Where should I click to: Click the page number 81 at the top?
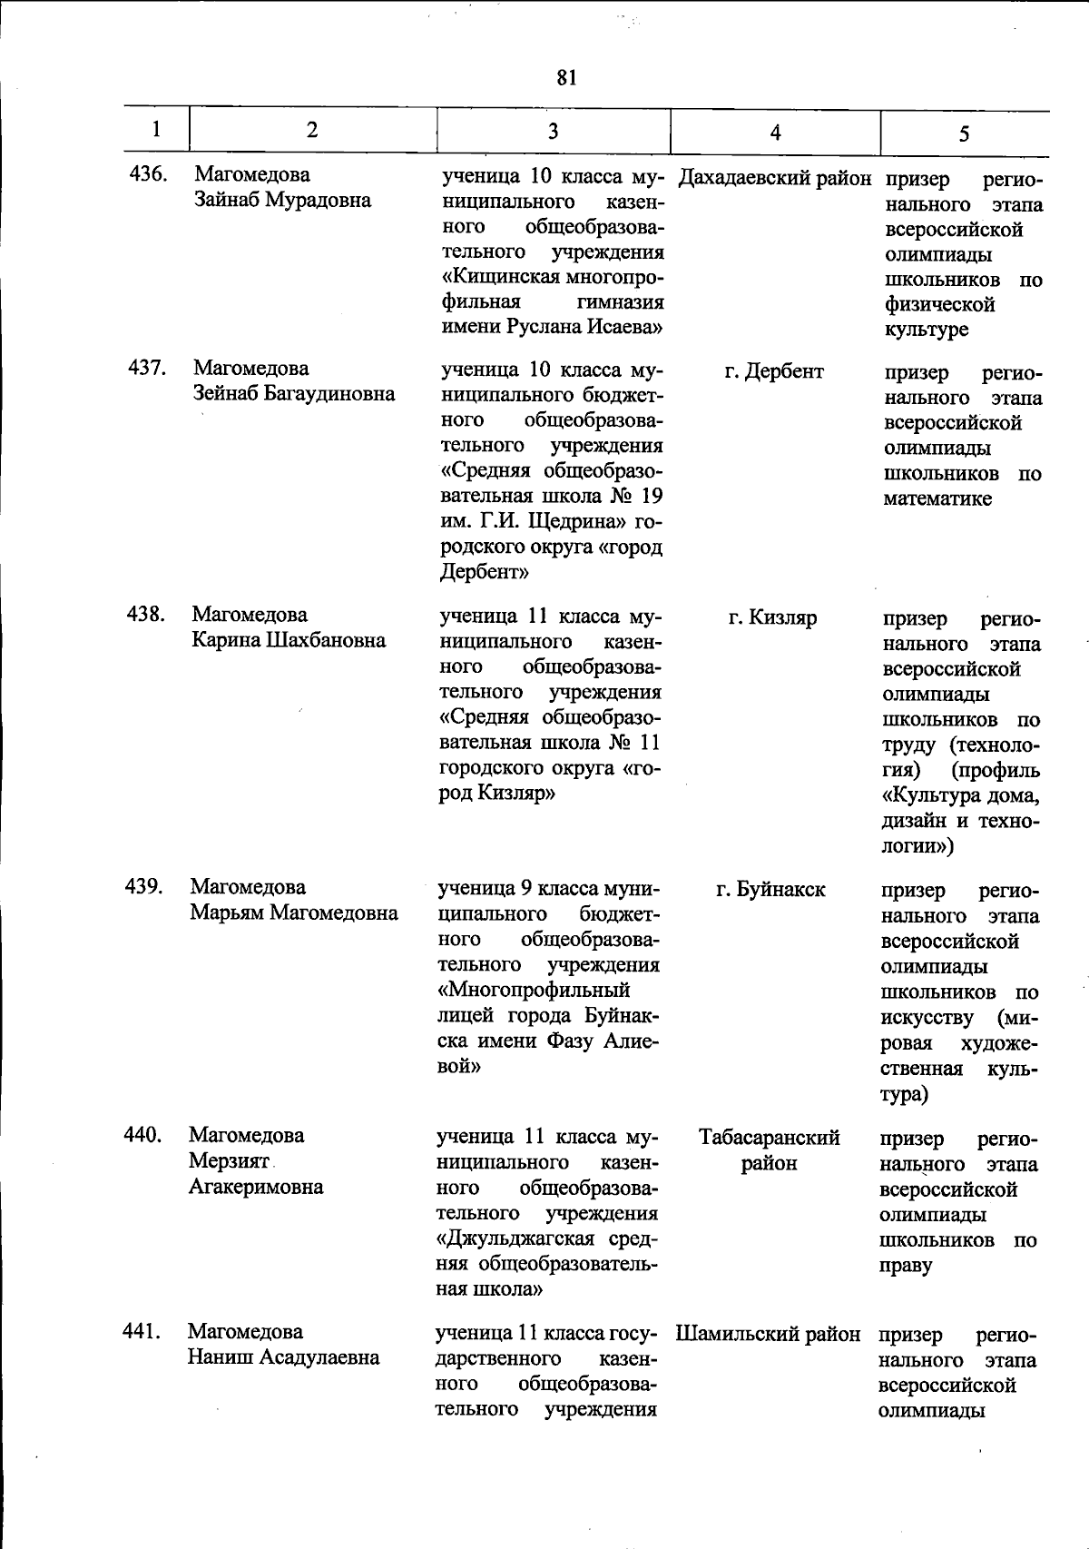[567, 78]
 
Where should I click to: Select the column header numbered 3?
[553, 131]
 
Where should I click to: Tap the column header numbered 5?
[964, 133]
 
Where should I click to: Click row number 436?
[148, 173]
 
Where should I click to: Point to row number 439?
[144, 886]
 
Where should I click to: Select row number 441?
[142, 1332]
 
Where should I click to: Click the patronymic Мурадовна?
[318, 200]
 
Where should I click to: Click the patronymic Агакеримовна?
[256, 1186]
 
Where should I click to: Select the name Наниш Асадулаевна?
[283, 1357]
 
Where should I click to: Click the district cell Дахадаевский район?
[774, 178]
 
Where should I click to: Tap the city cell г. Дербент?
[774, 371]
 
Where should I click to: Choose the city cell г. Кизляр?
[772, 618]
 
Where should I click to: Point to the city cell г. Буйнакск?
[770, 890]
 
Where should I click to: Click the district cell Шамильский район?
[768, 1334]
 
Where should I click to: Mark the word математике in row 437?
[937, 498]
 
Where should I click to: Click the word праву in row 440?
[906, 1266]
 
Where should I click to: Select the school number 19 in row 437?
[651, 497]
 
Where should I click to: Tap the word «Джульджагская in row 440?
[515, 1239]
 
